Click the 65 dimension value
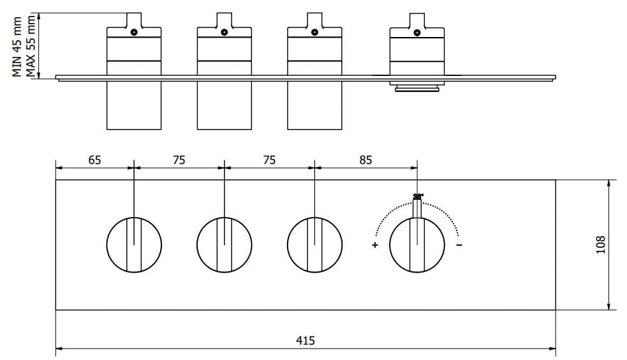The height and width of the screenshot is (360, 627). point(94,160)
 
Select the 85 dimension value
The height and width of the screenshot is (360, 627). point(365,160)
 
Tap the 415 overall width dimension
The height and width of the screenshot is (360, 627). point(306,340)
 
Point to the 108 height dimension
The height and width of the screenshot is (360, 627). point(600,244)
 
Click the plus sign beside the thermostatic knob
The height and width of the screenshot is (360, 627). point(375,245)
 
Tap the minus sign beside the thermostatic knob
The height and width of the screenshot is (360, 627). point(460,245)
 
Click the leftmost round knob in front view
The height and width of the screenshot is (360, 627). point(134,244)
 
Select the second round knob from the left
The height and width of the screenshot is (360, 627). point(225,244)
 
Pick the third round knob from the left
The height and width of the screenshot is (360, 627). point(315,244)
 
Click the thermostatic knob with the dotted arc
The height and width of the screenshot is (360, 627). point(417,244)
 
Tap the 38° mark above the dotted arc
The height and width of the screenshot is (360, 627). point(418,195)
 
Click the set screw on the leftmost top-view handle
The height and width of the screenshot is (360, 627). point(134,33)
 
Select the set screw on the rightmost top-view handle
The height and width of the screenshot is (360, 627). point(417,33)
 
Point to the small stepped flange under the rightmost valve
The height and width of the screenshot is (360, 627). point(417,87)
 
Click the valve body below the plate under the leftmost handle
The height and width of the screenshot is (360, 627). point(134,105)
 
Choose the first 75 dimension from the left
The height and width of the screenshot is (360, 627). point(179,160)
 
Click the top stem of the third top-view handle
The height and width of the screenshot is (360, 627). point(315,19)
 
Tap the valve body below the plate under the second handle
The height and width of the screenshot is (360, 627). point(225,105)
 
